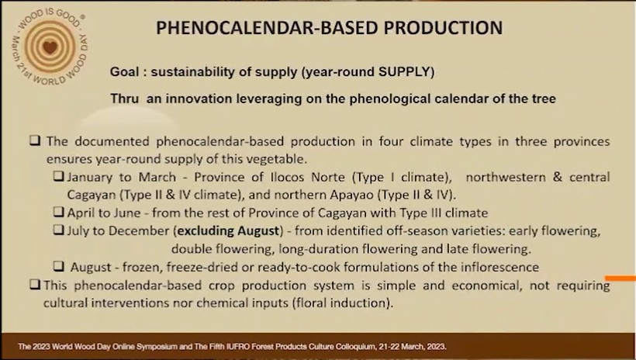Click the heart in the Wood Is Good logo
point(50,47)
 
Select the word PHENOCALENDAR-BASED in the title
point(268,28)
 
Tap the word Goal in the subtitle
point(125,72)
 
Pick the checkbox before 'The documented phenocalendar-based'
point(35,140)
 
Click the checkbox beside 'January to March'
point(59,176)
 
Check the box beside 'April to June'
point(59,212)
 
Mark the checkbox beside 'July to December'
point(59,230)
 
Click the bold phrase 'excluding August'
point(228,231)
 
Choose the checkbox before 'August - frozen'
point(59,266)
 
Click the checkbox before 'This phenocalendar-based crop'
point(35,285)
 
